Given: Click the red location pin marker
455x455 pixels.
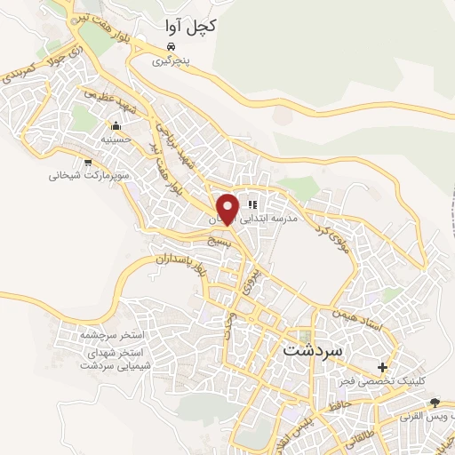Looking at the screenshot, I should click(227, 208).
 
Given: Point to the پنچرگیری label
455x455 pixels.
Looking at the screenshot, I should click(171, 61).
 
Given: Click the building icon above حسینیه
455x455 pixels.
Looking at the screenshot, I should click(115, 125).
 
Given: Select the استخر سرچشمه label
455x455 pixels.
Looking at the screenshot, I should click(112, 336).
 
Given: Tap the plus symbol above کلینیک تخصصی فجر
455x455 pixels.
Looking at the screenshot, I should click(383, 366).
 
